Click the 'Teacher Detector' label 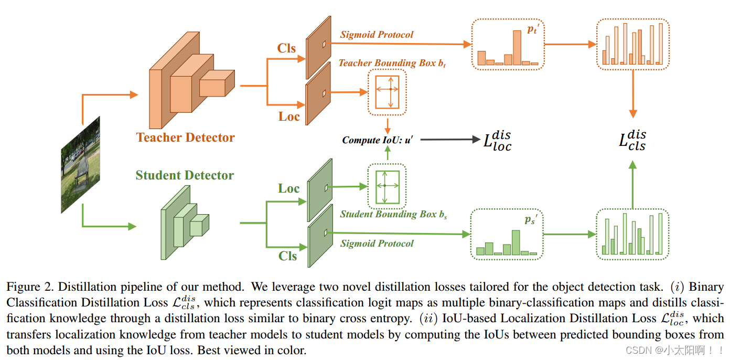pyautogui.click(x=185, y=137)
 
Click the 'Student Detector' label pyautogui.click(x=185, y=175)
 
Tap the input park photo pyautogui.click(x=80, y=165)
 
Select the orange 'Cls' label pyautogui.click(x=286, y=48)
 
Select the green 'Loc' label pyautogui.click(x=288, y=189)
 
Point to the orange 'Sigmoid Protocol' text pyautogui.click(x=377, y=35)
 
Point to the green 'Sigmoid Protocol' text pyautogui.click(x=377, y=243)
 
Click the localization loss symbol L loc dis pyautogui.click(x=497, y=140)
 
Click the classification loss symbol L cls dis pyautogui.click(x=632, y=140)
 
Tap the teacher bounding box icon pyautogui.click(x=387, y=92)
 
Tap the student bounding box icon pyautogui.click(x=387, y=186)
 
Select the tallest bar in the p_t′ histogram pyautogui.click(x=517, y=47)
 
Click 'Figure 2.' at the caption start pyautogui.click(x=29, y=287)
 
